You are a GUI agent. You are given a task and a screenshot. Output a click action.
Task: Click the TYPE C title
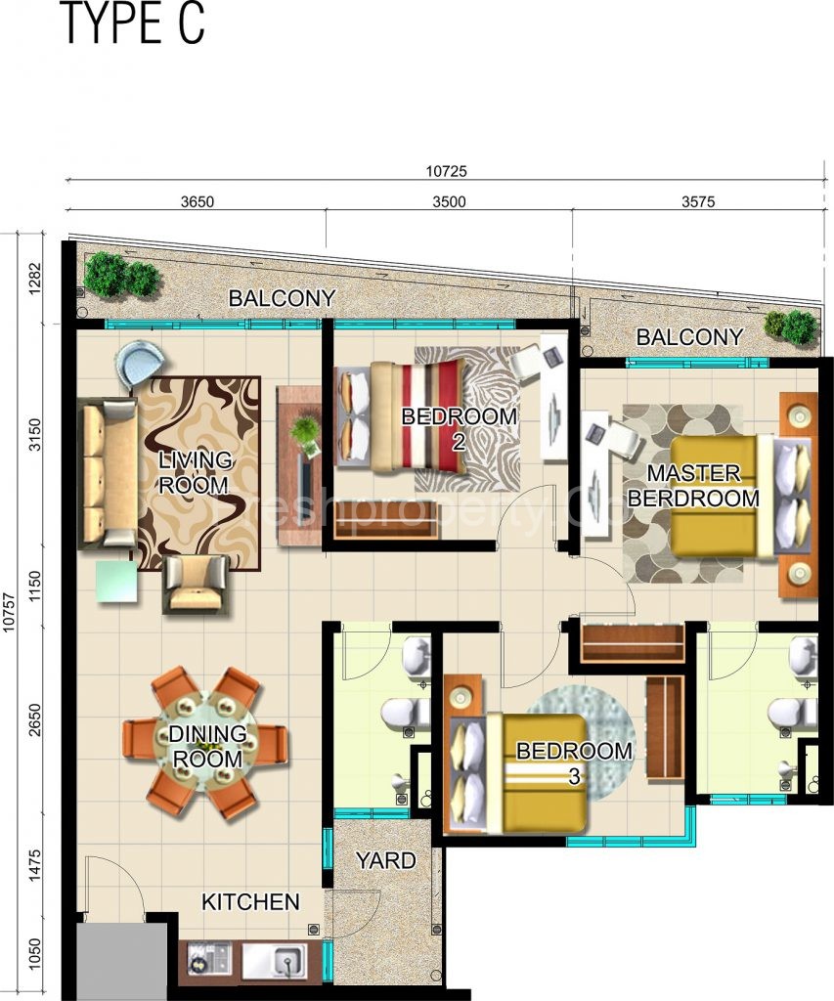coord(133,23)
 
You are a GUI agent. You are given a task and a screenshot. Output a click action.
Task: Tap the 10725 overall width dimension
coord(446,170)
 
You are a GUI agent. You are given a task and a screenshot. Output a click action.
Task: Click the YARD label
coord(384,861)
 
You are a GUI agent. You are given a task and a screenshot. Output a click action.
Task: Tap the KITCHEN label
coord(250,902)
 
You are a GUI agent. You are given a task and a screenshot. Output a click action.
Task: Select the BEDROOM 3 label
coord(574,762)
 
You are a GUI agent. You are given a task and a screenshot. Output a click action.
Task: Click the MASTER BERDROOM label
coord(693,486)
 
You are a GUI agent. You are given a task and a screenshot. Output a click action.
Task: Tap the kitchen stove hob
coord(208,960)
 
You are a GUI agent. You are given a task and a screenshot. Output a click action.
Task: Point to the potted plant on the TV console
coord(306,431)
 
